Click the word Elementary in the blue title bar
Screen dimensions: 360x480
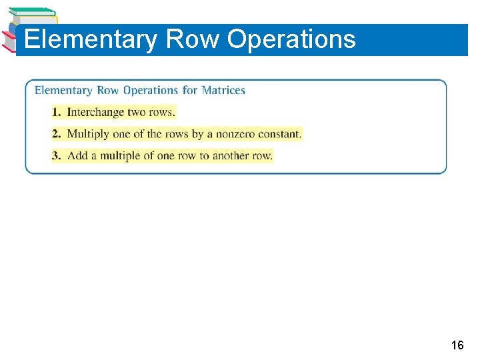coord(90,39)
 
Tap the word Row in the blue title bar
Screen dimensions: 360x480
coord(192,39)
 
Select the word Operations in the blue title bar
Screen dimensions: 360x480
coord(291,39)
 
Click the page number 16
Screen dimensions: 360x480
coord(457,345)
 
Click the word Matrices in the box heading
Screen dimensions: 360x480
coord(223,90)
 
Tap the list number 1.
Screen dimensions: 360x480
coord(56,112)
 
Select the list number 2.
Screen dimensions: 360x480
coord(56,134)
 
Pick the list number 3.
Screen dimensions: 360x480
coord(56,156)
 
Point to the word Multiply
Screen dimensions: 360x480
coord(88,134)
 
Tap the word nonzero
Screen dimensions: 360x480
coord(236,134)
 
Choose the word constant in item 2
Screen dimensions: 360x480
coord(281,134)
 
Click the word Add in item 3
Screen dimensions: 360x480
coord(77,156)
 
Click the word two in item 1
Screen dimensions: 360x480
coord(137,112)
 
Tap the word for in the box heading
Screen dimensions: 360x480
coord(190,90)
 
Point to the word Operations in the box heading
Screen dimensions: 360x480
coord(151,90)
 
